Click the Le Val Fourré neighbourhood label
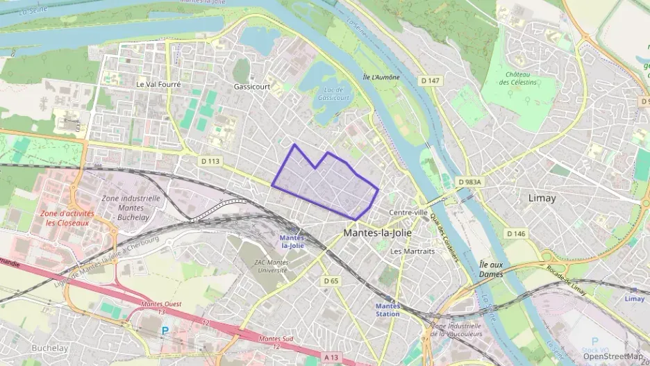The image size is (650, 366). [158, 84]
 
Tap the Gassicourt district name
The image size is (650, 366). [251, 87]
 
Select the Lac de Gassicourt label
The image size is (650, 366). [333, 93]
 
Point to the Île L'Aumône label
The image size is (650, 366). [381, 77]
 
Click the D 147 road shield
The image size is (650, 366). [431, 81]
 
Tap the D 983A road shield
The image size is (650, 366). [469, 182]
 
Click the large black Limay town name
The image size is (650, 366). [542, 198]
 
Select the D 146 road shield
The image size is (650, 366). [516, 233]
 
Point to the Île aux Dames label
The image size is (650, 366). [491, 269]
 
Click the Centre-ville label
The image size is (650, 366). [408, 212]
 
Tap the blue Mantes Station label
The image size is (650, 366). [387, 310]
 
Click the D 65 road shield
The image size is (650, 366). [331, 281]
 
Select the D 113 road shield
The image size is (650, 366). [210, 161]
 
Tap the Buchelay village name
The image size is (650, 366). [49, 347]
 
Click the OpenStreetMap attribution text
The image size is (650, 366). [613, 356]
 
